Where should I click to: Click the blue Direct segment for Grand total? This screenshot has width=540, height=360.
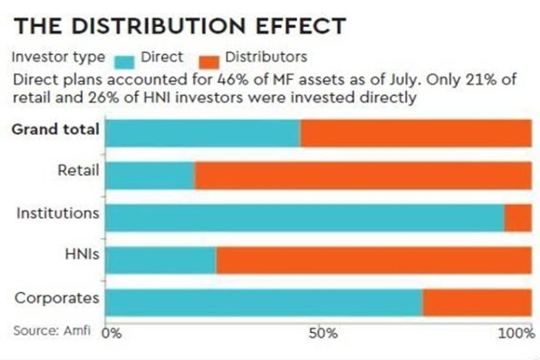point(202,133)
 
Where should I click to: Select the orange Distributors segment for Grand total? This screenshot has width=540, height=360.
point(415,133)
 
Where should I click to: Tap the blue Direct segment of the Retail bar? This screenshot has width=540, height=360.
point(149,175)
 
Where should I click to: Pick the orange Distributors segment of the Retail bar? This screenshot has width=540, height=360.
point(362,175)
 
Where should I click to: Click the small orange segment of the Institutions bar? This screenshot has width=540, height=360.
point(517,217)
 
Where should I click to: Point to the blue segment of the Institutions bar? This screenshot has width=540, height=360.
point(304,217)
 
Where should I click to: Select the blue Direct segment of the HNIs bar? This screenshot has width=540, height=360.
point(160,260)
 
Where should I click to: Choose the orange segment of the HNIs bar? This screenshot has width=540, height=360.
point(374,260)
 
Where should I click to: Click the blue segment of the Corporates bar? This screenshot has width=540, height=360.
point(263,302)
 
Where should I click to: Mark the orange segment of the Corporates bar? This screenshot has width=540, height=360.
point(476,302)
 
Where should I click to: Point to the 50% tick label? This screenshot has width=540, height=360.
point(321,332)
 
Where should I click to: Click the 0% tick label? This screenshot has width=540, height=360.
point(112,332)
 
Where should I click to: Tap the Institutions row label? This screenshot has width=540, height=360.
point(57,213)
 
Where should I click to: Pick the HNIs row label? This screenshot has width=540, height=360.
point(81,255)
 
